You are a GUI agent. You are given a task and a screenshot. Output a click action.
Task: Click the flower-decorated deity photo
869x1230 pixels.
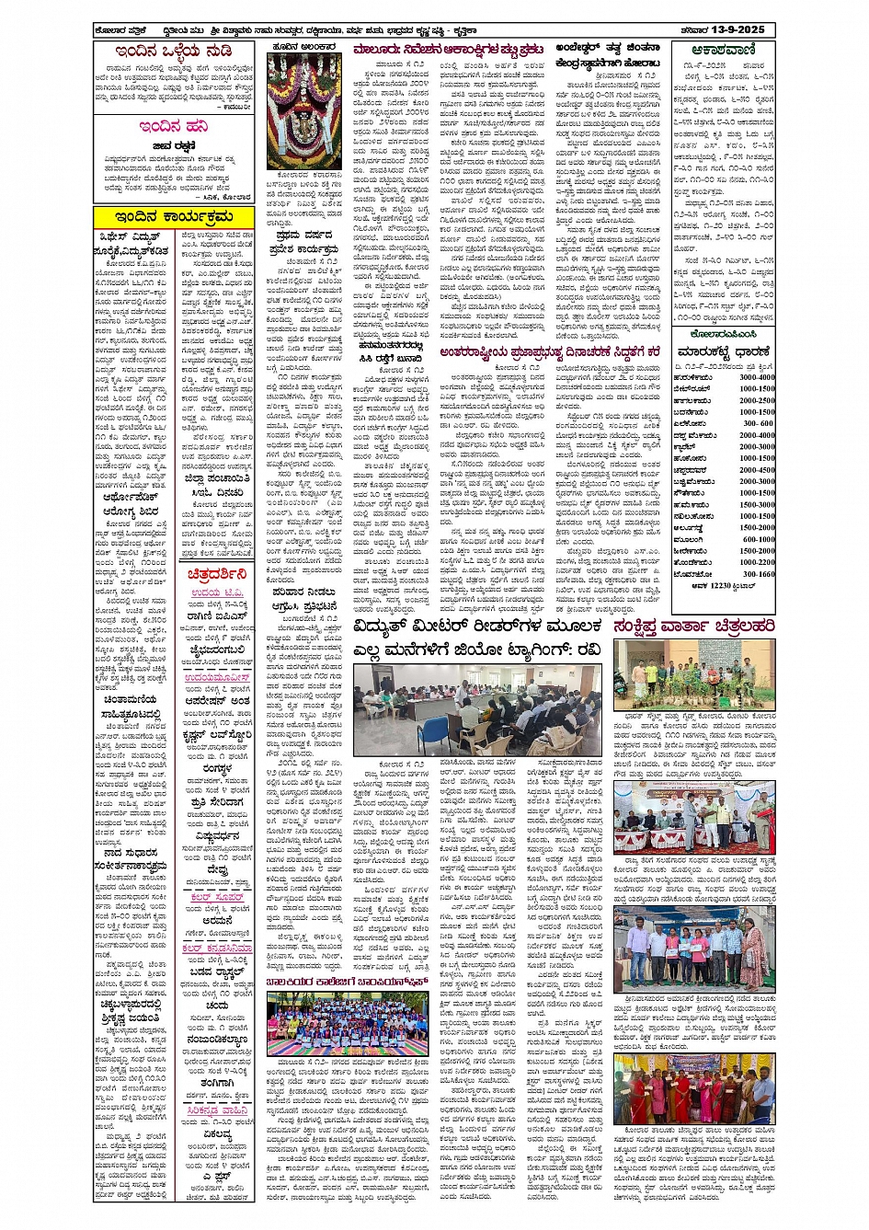pos(304,111)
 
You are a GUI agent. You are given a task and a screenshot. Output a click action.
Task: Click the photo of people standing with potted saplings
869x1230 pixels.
pos(693,676)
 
